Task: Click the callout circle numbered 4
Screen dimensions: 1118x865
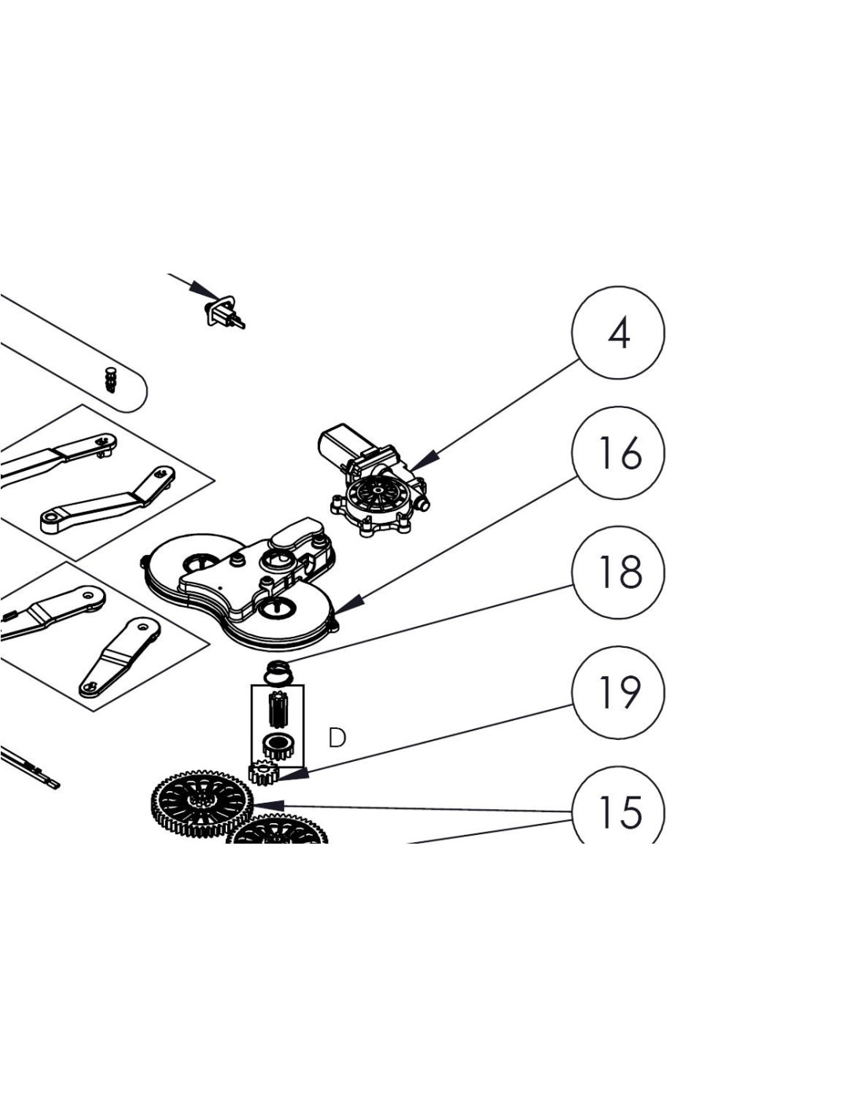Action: point(618,333)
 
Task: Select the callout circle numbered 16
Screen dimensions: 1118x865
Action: point(618,453)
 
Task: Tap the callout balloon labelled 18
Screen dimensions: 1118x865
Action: point(618,572)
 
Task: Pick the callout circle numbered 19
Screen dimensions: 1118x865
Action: point(618,693)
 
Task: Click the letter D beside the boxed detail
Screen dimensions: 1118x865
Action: point(337,737)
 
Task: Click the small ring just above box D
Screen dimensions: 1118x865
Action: point(278,672)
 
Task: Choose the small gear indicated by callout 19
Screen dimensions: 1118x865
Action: point(263,773)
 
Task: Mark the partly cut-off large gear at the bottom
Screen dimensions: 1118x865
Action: point(277,832)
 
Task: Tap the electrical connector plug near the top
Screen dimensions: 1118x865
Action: point(225,311)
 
